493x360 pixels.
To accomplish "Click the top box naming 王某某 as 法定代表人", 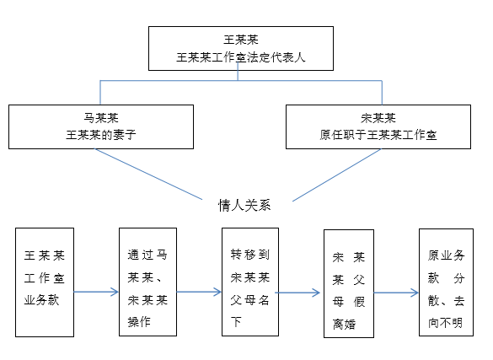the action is (x=241, y=48).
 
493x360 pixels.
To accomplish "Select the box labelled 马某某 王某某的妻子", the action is (x=101, y=126).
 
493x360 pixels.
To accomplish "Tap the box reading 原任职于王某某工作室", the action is (x=378, y=126).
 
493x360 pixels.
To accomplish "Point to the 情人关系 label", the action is (x=244, y=205).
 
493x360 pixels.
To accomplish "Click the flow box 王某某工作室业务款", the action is (x=45, y=282).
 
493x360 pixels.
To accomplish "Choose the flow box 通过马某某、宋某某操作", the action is (x=147, y=282).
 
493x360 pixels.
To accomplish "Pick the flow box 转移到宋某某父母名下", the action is (x=250, y=282).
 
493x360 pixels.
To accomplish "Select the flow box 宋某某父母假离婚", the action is (x=349, y=283).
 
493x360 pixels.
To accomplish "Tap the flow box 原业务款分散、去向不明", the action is (x=446, y=282).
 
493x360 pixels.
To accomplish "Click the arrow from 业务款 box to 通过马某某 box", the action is (x=96, y=292).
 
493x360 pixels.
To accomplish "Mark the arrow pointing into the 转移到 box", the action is (x=200, y=292).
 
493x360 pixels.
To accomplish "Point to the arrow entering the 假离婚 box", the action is (x=297, y=293).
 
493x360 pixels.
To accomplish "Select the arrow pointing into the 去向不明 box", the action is (x=396, y=293).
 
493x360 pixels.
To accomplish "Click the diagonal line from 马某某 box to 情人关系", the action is (x=148, y=175).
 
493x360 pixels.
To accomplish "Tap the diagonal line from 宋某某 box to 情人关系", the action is (x=337, y=175).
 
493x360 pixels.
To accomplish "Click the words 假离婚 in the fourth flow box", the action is (x=349, y=313).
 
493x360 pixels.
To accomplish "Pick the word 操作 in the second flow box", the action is (x=139, y=322).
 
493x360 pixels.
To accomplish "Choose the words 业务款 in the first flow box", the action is (x=41, y=299).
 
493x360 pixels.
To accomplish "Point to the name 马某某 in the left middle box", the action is (x=101, y=118).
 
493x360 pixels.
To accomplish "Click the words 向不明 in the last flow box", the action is (x=445, y=323).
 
